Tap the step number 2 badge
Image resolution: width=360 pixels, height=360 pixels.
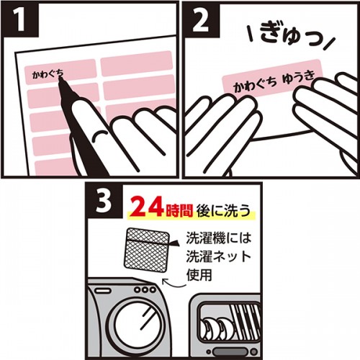(199, 18)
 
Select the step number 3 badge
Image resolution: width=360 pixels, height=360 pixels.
(102, 199)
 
